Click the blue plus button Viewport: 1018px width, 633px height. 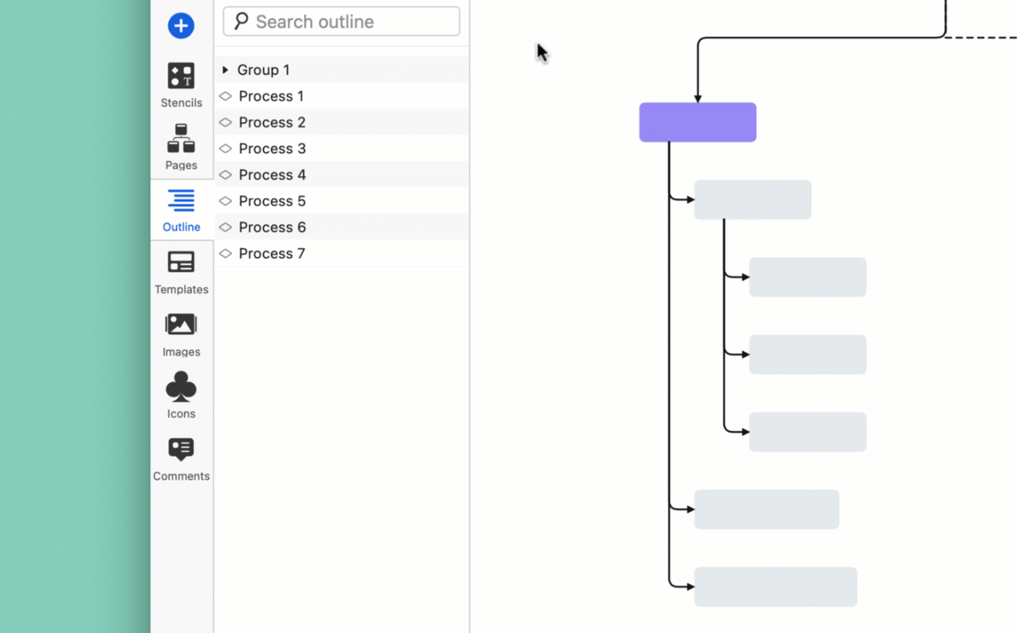click(x=180, y=26)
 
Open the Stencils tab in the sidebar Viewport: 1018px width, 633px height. click(x=181, y=84)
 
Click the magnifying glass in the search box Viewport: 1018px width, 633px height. click(x=241, y=21)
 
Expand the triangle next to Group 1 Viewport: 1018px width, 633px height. click(x=225, y=70)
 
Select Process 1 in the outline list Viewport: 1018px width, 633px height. click(x=271, y=96)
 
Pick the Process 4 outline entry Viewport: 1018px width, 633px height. click(x=272, y=175)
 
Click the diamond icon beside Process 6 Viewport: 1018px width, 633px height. click(x=226, y=227)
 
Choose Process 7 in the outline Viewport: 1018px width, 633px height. click(x=271, y=253)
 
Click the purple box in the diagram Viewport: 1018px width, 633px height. click(x=697, y=123)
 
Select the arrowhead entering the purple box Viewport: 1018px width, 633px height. click(x=697, y=99)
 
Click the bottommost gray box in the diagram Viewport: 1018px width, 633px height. click(x=775, y=587)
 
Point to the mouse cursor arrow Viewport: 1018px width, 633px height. click(x=541, y=52)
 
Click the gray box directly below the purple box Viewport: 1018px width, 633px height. click(x=752, y=200)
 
